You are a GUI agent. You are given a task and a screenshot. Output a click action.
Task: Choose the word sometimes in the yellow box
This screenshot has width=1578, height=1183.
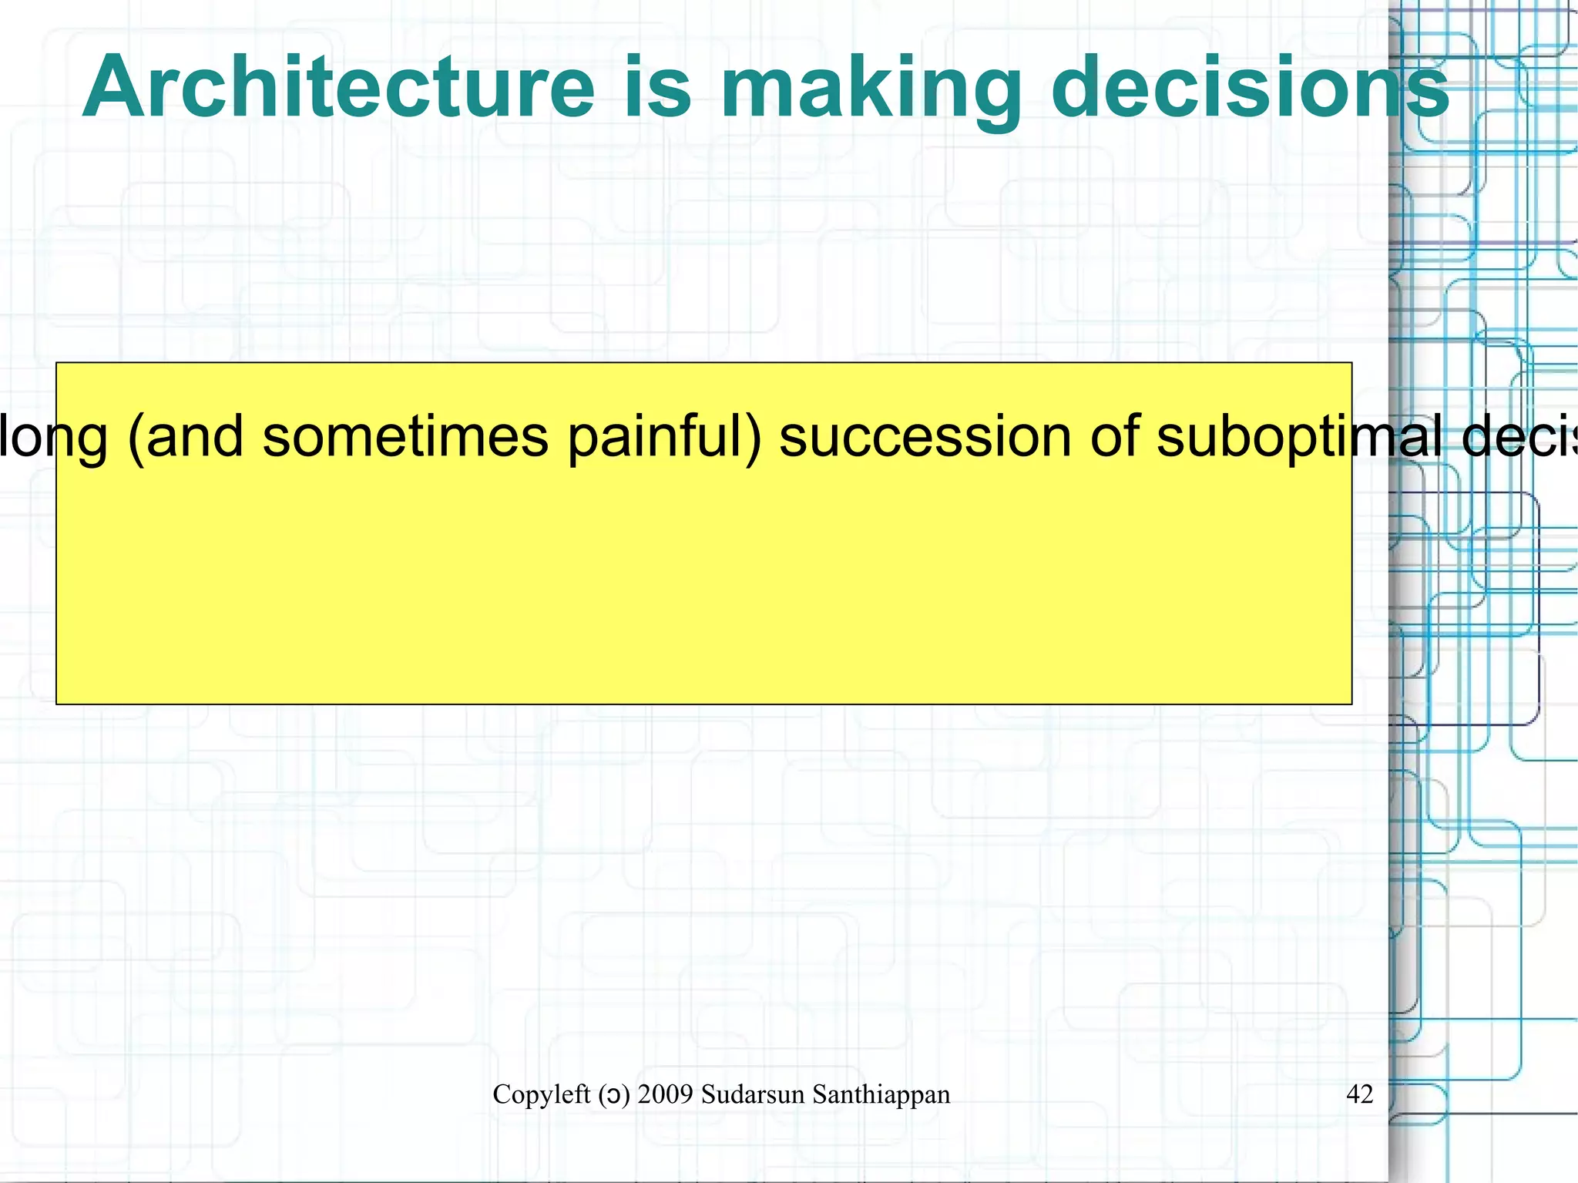[406, 436]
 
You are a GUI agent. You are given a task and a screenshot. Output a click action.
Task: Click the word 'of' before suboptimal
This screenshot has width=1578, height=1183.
[1113, 436]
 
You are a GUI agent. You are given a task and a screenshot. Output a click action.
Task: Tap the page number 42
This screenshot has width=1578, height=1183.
[1359, 1094]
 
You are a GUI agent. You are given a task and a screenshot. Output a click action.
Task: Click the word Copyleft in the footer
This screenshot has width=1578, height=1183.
[541, 1094]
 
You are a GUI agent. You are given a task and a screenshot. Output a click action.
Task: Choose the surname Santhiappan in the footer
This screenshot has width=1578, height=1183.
[881, 1095]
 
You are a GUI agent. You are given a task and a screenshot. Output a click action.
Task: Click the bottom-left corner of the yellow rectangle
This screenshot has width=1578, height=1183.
[57, 704]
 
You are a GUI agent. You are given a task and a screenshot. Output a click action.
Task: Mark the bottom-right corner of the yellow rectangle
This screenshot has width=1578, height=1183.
[1351, 704]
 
